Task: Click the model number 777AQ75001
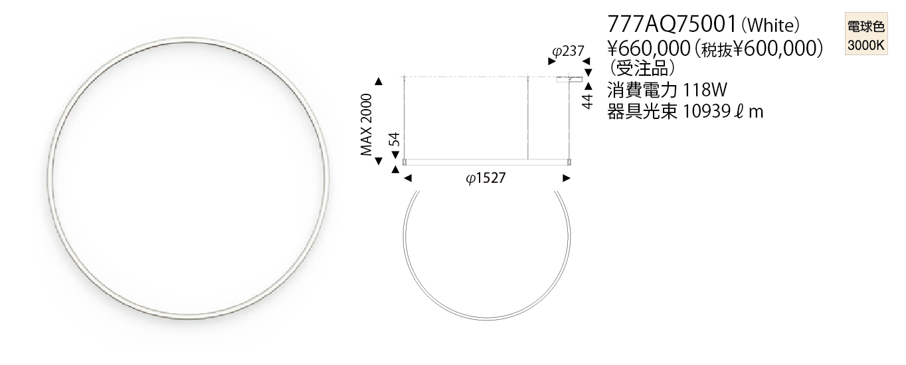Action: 672,25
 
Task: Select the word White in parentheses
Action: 770,26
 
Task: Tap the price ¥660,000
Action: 649,49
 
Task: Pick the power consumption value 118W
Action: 705,90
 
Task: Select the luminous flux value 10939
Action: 706,112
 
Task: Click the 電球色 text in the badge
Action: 866,27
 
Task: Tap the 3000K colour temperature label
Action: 866,45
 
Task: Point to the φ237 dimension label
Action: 569,51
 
